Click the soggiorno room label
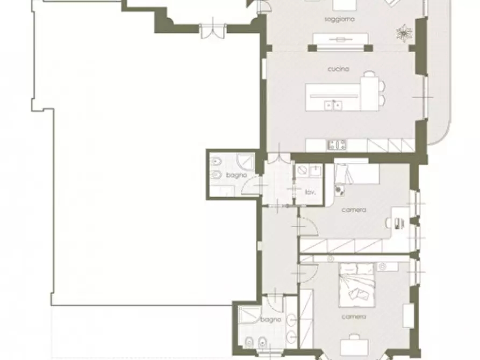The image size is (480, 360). tap(340, 19)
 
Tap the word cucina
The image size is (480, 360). tap(339, 69)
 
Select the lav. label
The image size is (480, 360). tap(310, 192)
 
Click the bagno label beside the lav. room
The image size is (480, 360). tap(237, 175)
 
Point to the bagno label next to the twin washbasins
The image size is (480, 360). tap(270, 320)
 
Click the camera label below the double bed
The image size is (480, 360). tap(354, 317)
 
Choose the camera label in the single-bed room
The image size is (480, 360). tap(354, 210)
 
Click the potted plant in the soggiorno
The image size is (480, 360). tap(404, 32)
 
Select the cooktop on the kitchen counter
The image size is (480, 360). tap(338, 145)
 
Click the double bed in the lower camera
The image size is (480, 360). tap(356, 285)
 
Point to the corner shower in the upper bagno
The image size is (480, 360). tap(246, 161)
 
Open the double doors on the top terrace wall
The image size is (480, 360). tap(213, 30)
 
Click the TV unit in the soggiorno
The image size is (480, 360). tap(340, 39)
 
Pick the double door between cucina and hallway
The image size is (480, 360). tap(279, 155)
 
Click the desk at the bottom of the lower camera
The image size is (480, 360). tap(354, 345)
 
